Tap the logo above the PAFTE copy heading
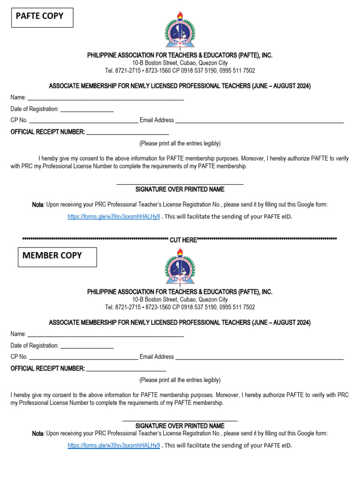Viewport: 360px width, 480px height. tap(180, 31)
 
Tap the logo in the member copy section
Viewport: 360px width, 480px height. tap(180, 268)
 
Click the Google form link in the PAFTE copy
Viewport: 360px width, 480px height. tap(113, 217)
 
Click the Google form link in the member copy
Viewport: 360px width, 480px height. tap(113, 445)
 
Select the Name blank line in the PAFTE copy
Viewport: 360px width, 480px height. tap(105, 98)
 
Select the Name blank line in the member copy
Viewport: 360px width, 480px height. tap(105, 335)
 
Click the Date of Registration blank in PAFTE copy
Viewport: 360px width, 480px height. tap(87, 110)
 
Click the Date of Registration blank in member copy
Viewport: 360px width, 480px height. tap(87, 347)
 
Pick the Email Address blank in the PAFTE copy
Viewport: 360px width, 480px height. tap(259, 121)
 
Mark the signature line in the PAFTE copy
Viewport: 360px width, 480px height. tap(180, 183)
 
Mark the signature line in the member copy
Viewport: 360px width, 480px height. tap(180, 420)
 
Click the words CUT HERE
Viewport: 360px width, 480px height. tap(183, 240)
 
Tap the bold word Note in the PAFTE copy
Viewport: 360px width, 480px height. tap(37, 205)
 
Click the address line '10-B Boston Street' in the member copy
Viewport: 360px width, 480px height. tap(180, 300)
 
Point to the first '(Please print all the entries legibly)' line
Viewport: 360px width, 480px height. tap(180, 143)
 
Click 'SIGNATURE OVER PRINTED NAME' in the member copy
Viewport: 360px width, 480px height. tap(180, 426)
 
